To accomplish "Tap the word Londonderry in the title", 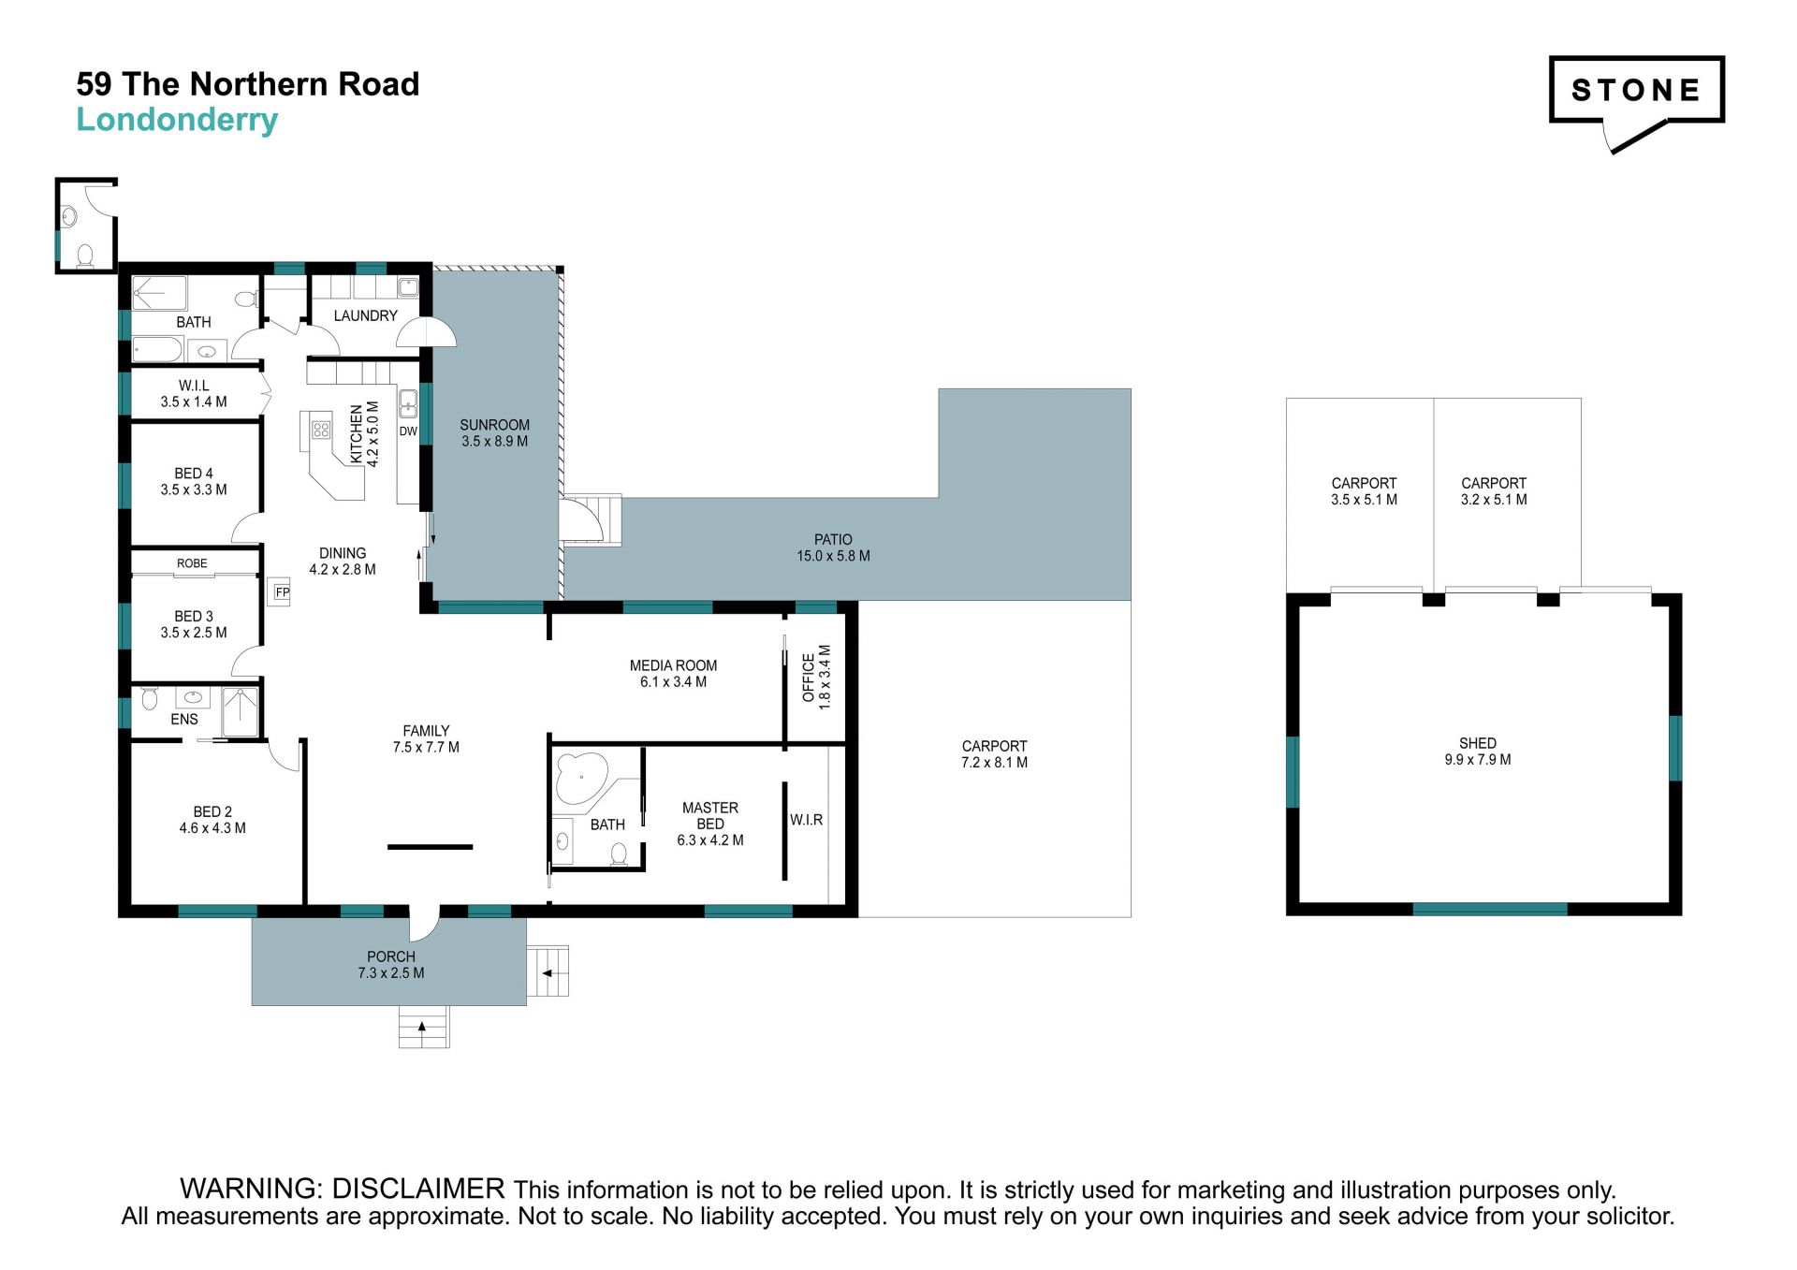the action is (x=177, y=120).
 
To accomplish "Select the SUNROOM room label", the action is (x=494, y=425).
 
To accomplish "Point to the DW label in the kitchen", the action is (x=408, y=431).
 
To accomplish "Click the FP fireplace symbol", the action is (x=282, y=591).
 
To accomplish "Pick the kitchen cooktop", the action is (x=321, y=430).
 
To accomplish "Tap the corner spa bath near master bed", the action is (x=581, y=778).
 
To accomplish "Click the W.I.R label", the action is (x=806, y=820).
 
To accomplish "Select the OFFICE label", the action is (x=809, y=677).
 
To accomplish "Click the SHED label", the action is (x=1478, y=743).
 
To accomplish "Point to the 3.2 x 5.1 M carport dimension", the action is (x=1494, y=500).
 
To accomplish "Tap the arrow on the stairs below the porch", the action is (x=423, y=1027).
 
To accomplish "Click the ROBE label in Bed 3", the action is (x=192, y=563).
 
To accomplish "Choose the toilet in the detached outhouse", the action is (x=85, y=255).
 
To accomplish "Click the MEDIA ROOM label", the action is (x=673, y=665).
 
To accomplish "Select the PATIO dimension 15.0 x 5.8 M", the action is (x=833, y=556).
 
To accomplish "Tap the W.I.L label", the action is (x=194, y=386).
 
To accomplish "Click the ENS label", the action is (x=184, y=720).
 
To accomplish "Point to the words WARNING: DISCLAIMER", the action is (x=343, y=1189).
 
